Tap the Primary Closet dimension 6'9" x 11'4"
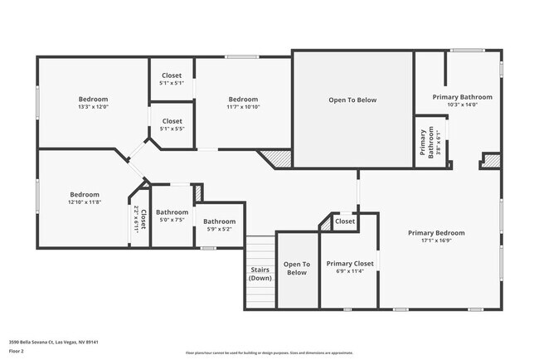click(349, 271)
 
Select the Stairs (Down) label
click(260, 274)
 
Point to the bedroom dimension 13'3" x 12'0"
click(93, 107)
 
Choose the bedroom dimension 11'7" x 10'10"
click(243, 107)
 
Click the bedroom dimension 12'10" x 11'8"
click(84, 202)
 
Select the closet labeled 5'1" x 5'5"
click(172, 129)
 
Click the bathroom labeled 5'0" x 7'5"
click(172, 219)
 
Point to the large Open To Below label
click(352, 100)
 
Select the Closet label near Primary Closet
click(345, 221)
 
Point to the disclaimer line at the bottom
click(269, 353)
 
